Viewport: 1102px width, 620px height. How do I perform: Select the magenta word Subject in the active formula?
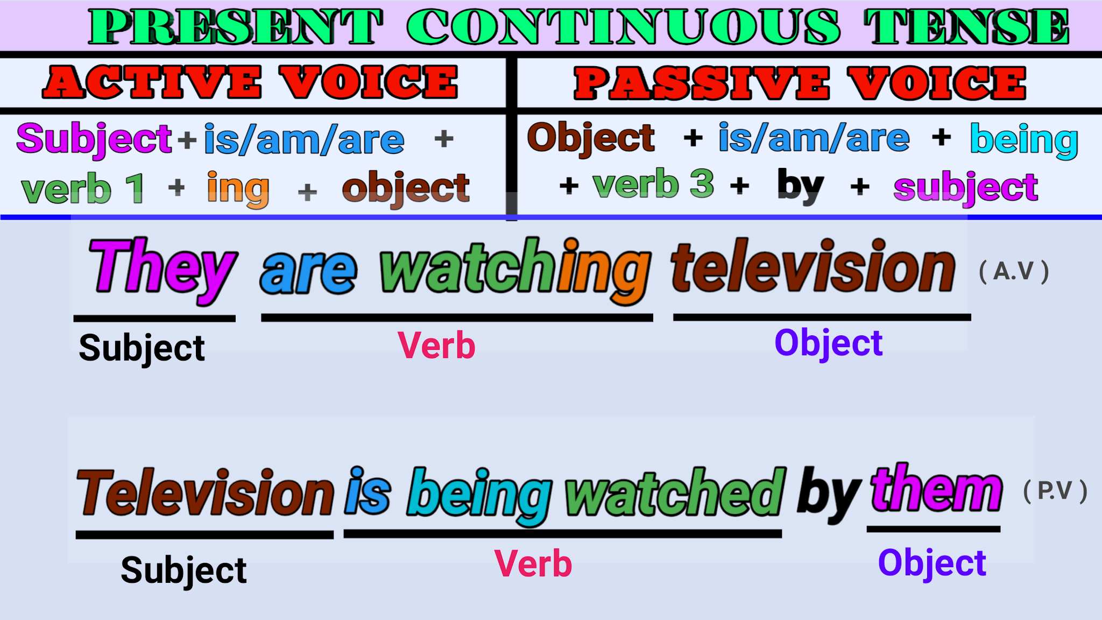pyautogui.click(x=94, y=139)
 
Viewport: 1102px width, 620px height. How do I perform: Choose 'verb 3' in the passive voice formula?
pyautogui.click(x=653, y=184)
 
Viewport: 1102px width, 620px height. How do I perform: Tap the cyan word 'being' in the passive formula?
pyautogui.click(x=1023, y=140)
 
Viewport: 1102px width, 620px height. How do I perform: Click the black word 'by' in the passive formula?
pyautogui.click(x=800, y=185)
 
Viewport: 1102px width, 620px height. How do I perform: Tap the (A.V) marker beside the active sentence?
pyautogui.click(x=1014, y=271)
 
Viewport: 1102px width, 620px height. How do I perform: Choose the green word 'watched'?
pyautogui.click(x=675, y=492)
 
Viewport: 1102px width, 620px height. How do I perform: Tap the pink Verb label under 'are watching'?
pyautogui.click(x=436, y=346)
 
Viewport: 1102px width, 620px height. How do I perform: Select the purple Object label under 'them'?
pyautogui.click(x=932, y=563)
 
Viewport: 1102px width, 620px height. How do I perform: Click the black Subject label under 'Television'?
pyautogui.click(x=183, y=570)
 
